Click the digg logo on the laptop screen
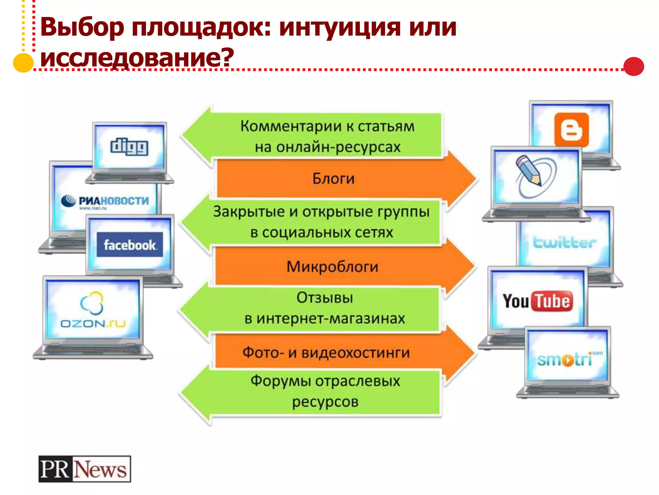tap(129, 147)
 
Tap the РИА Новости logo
tap(106, 201)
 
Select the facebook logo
tap(130, 245)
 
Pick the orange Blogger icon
tap(571, 130)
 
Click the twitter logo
tap(564, 243)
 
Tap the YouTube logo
tap(538, 301)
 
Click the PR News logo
tap(85, 469)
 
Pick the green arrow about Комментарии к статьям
tap(327, 136)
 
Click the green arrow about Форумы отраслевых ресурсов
tap(325, 391)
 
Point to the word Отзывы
tap(325, 298)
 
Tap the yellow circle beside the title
tap(23, 62)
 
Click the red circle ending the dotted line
tap(633, 66)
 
